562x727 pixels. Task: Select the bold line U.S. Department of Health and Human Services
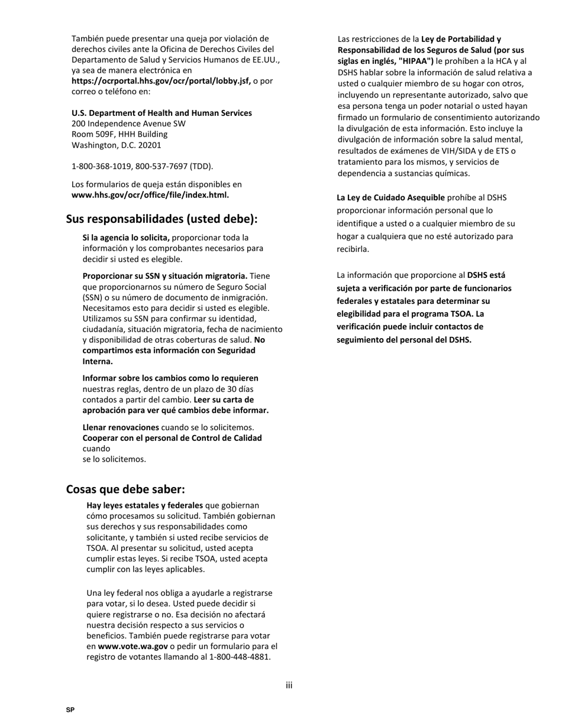[162, 113]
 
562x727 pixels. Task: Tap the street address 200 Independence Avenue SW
[128, 124]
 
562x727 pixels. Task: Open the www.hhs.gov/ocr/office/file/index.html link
[150, 194]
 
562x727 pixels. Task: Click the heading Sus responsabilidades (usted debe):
[162, 219]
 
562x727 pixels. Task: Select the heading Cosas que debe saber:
[125, 489]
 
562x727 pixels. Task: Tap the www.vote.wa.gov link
[133, 646]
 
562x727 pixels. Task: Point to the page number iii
[289, 686]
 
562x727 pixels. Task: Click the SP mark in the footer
[70, 710]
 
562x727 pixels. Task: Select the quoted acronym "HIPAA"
[416, 61]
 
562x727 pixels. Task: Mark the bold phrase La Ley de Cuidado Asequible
[390, 197]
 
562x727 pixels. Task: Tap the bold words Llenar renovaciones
[121, 427]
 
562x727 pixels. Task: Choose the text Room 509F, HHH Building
[119, 134]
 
